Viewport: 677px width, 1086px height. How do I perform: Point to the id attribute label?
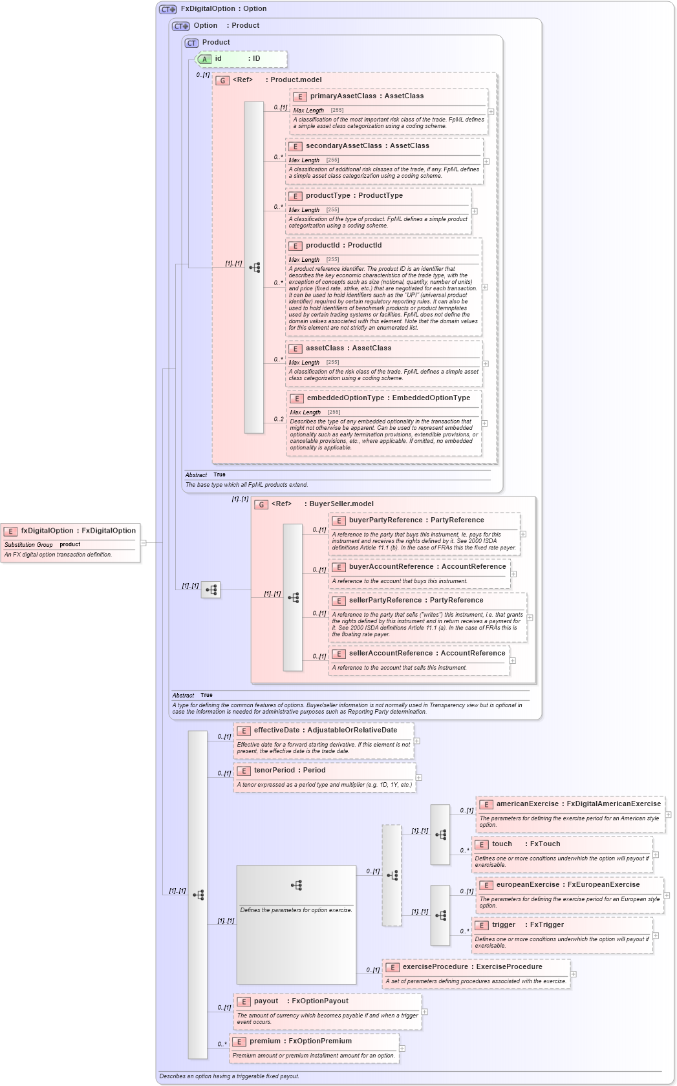[x=219, y=59]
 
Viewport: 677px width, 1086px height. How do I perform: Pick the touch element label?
[x=502, y=844]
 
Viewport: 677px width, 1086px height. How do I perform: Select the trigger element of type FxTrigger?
[x=504, y=925]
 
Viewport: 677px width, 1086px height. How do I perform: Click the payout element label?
[x=266, y=1001]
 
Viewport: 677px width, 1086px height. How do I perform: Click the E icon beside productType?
[x=296, y=197]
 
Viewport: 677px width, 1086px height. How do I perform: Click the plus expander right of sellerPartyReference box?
[x=530, y=617]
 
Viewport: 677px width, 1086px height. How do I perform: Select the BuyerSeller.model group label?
[x=341, y=504]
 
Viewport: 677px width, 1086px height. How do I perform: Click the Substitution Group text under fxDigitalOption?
[x=28, y=545]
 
